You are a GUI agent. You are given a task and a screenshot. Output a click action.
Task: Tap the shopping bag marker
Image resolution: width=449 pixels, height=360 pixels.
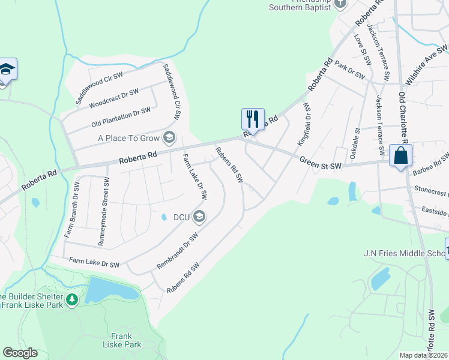400,156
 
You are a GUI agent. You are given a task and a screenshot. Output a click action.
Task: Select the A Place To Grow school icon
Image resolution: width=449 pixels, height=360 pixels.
169,138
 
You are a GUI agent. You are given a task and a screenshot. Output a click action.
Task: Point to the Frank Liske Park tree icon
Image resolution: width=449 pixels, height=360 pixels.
72,299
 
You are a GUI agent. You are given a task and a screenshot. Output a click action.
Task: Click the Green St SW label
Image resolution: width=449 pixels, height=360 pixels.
320,162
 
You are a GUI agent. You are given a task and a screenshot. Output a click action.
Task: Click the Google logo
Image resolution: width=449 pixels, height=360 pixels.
19,353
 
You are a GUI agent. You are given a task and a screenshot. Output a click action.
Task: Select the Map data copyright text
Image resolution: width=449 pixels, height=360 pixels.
423,355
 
